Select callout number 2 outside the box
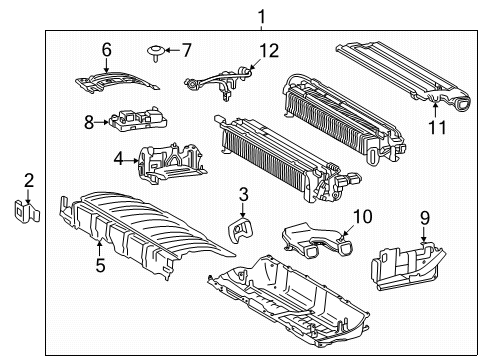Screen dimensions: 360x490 [x=28, y=181]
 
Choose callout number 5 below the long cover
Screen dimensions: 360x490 [x=99, y=265]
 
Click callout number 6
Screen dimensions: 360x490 [x=106, y=48]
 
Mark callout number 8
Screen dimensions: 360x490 [x=89, y=123]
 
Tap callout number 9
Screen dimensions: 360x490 [x=423, y=215]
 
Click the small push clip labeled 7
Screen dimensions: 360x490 [x=157, y=48]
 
